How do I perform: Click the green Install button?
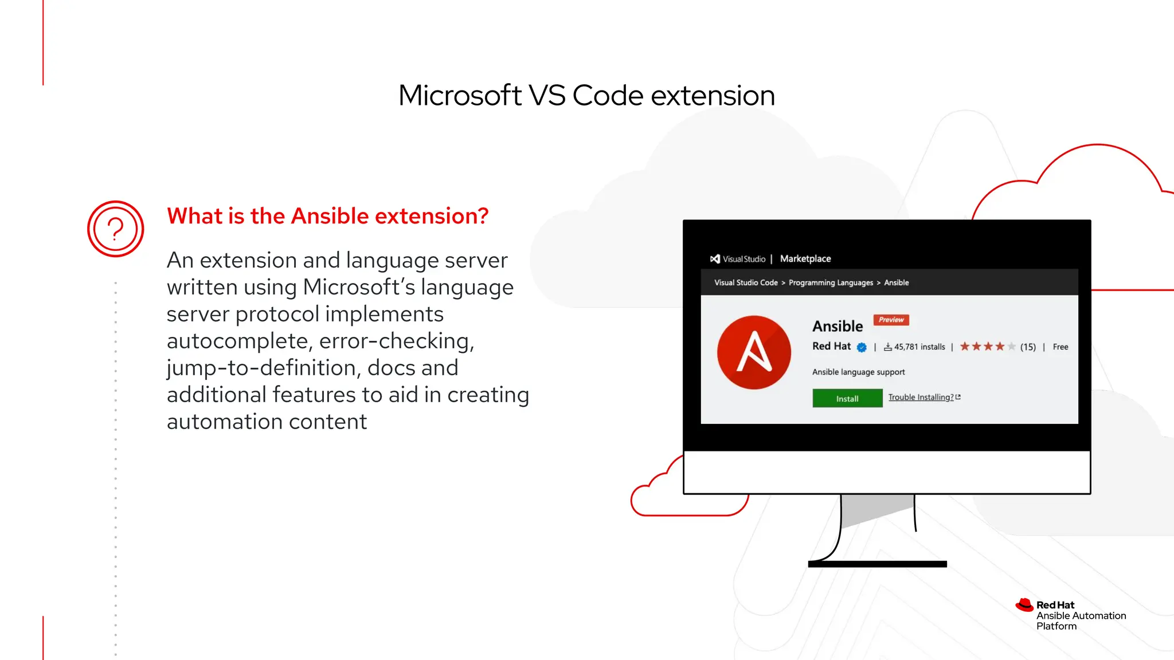(x=847, y=398)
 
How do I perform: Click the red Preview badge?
(x=891, y=320)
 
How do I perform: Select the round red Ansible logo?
(x=754, y=352)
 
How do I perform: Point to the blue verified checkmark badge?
(x=861, y=347)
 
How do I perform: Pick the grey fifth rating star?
(x=1011, y=347)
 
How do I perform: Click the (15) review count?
(x=1028, y=347)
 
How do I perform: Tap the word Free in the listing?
(x=1060, y=347)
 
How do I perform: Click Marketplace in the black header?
(x=805, y=259)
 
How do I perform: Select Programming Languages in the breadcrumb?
(x=830, y=282)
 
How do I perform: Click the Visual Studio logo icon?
(x=715, y=259)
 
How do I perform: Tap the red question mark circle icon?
(x=115, y=229)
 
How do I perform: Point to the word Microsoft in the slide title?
(x=460, y=95)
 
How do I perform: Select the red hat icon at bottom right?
(x=1024, y=605)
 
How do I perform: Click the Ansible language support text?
(x=858, y=372)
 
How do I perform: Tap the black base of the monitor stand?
(x=876, y=564)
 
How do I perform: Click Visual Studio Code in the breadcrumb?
(x=745, y=282)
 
